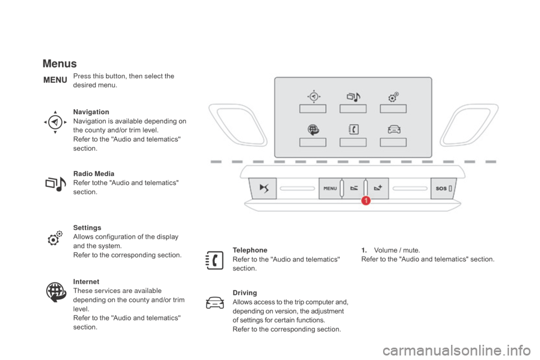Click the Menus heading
click(60, 64)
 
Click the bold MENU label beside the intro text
click(55, 80)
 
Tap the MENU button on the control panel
click(330, 188)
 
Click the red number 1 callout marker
click(366, 200)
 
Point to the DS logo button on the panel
click(263, 188)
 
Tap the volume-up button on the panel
click(378, 188)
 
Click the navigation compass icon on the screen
click(313, 96)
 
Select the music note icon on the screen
click(353, 97)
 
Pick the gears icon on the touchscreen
click(393, 97)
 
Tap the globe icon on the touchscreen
click(313, 129)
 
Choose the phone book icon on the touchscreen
click(353, 129)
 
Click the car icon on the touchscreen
click(394, 129)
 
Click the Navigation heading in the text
click(91, 112)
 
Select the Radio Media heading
click(94, 174)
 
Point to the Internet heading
click(86, 282)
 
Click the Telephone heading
click(250, 250)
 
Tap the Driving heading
click(245, 293)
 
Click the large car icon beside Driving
click(215, 303)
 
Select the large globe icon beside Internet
click(56, 292)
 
